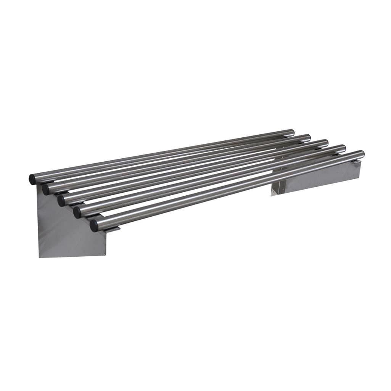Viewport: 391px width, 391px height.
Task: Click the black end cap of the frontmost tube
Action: click(x=94, y=225)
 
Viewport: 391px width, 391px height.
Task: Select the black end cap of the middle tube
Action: click(x=61, y=201)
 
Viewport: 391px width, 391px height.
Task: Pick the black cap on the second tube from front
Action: click(x=77, y=212)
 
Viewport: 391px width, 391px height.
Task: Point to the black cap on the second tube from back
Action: click(x=46, y=190)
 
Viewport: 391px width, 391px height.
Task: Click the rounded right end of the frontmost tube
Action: click(x=361, y=154)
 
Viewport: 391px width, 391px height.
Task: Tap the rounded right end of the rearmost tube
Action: click(x=292, y=132)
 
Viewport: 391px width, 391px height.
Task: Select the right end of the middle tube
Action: click(x=325, y=143)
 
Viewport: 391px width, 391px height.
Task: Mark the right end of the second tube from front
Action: click(x=343, y=148)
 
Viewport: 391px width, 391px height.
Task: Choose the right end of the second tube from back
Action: click(x=308, y=137)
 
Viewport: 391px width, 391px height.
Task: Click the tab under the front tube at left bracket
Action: click(x=113, y=229)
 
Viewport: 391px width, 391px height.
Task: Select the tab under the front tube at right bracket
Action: click(x=356, y=162)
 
